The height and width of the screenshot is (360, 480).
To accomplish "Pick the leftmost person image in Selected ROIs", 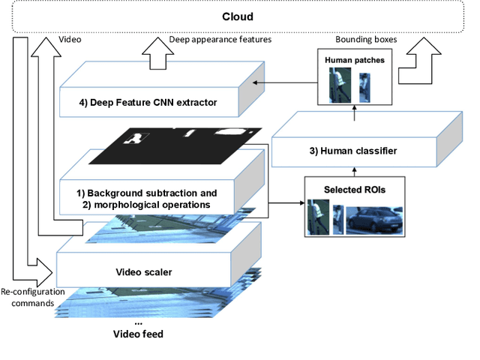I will click(317, 217).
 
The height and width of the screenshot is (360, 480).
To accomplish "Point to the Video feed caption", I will click(137, 334).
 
